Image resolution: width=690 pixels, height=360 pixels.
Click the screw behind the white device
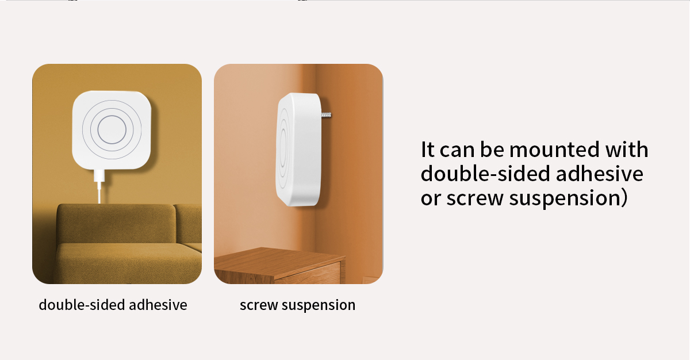tap(326, 115)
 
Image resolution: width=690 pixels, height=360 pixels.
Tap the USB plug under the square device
tap(99, 176)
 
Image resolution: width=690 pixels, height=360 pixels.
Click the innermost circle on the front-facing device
tap(112, 129)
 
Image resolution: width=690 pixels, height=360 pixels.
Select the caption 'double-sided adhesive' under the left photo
tap(113, 305)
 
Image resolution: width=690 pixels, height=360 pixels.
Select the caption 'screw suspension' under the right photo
tap(298, 305)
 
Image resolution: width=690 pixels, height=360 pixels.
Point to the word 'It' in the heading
tap(428, 150)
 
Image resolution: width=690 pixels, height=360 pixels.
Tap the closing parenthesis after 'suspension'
tap(624, 198)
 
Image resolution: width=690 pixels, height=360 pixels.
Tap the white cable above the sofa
tap(99, 193)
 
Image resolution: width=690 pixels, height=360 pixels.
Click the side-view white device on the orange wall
tap(298, 150)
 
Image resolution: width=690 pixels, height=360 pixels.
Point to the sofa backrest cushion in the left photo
tap(116, 223)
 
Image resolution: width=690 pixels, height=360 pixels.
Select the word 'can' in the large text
tap(457, 150)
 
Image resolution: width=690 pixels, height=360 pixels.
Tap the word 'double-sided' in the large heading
tap(485, 174)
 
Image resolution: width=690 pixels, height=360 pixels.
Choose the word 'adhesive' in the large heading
tap(599, 174)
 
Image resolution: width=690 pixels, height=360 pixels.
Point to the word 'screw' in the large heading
tap(475, 198)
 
